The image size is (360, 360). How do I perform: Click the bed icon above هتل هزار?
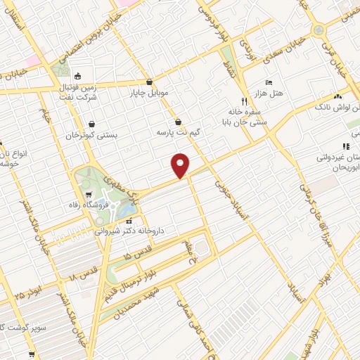click(268, 82)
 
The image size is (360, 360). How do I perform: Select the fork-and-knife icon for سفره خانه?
click(244, 101)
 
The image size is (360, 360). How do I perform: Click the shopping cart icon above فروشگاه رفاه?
click(90, 194)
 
